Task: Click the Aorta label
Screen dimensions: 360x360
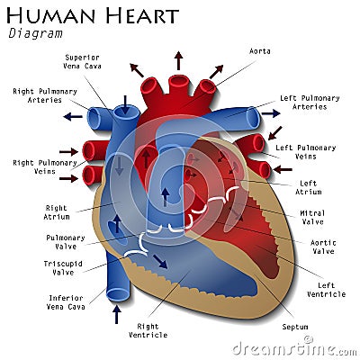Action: (260, 51)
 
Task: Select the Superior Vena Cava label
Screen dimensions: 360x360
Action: (82, 62)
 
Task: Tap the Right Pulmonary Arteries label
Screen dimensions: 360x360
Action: (45, 95)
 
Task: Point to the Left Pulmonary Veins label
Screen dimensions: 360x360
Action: (306, 152)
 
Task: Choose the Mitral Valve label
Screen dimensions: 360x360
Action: (312, 218)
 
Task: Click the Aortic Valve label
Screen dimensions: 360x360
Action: (323, 247)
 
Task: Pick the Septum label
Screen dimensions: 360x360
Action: (295, 327)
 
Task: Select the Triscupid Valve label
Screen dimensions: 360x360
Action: (63, 268)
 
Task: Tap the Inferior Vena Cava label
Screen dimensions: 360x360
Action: (66, 302)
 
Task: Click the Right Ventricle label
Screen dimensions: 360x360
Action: (148, 330)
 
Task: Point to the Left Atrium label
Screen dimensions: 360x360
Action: (309, 187)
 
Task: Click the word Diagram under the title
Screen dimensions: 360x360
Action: (35, 33)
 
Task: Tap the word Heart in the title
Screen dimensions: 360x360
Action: (142, 15)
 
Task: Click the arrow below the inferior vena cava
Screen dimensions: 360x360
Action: (116, 314)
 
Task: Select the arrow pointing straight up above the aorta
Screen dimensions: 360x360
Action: (179, 60)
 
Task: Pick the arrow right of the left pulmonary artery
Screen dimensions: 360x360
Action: (271, 113)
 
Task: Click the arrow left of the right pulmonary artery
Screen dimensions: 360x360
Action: (73, 116)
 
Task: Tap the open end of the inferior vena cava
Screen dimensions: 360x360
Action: (118, 294)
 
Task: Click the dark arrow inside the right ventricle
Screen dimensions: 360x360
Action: (160, 262)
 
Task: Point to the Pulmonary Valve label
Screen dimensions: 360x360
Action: (66, 242)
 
